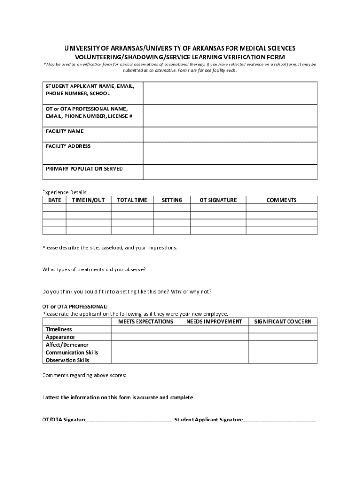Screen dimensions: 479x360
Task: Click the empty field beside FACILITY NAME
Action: (230, 134)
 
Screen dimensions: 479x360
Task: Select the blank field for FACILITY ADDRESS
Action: (230, 153)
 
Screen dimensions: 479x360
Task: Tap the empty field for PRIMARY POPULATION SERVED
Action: (230, 172)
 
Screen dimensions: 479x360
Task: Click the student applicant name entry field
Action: (230, 93)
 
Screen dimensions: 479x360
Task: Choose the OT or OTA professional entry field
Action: (230, 116)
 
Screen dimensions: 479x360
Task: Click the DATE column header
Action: (54, 200)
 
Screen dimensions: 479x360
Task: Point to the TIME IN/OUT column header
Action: (88, 200)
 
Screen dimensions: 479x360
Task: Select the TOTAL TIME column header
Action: (132, 200)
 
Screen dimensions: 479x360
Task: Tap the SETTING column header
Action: (172, 200)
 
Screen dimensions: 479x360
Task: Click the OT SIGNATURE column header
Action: (218, 200)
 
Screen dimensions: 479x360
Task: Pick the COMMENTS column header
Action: (281, 200)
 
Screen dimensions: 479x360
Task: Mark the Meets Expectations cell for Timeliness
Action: (145, 329)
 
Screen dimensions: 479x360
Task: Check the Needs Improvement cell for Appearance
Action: (214, 337)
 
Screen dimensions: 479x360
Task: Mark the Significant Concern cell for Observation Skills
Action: (282, 360)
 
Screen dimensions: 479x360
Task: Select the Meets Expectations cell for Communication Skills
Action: (145, 352)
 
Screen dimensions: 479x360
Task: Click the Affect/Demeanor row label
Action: (67, 345)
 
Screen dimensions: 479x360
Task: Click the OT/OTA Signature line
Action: (129, 420)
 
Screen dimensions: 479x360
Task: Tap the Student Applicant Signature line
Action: (279, 420)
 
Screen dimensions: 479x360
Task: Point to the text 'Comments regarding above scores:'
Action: (84, 375)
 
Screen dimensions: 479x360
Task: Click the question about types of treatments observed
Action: (94, 269)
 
